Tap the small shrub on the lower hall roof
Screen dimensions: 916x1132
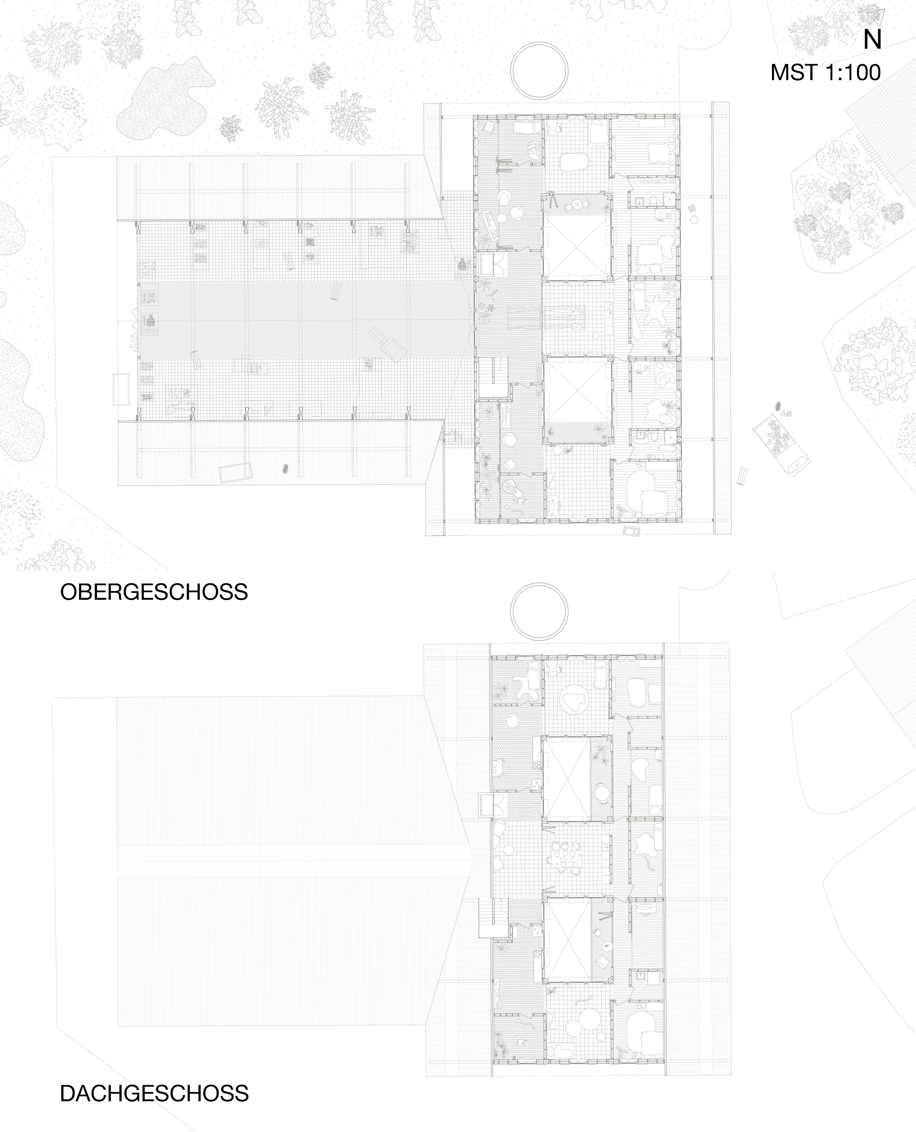click(x=285, y=468)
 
